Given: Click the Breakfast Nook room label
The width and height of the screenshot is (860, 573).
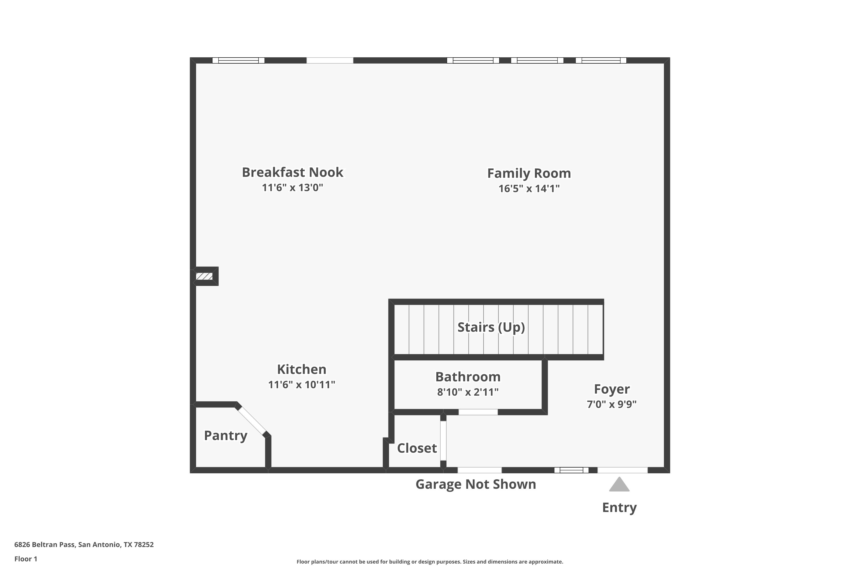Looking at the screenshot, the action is (x=292, y=172).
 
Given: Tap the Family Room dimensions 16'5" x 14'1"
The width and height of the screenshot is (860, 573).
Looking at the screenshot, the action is (x=529, y=189).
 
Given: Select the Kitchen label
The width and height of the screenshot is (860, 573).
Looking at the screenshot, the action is (x=302, y=369).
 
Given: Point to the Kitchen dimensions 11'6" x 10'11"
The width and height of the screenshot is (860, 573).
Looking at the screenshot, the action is (x=302, y=384).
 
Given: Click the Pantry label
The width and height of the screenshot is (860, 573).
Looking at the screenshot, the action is (x=226, y=435).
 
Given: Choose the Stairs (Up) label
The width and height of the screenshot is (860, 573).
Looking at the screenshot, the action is (x=491, y=327).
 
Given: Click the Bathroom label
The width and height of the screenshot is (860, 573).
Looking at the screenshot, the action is (x=468, y=376).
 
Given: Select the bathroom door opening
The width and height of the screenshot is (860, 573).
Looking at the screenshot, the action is (x=478, y=412).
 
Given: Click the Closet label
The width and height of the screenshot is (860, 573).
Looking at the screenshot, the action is (x=417, y=448).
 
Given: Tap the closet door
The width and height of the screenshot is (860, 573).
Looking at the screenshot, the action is (x=443, y=441).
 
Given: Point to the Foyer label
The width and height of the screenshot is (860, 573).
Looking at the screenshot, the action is (x=612, y=389).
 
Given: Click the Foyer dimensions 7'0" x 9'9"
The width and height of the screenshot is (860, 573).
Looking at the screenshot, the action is (x=612, y=404).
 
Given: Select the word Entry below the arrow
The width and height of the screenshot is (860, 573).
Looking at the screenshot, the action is (x=619, y=508).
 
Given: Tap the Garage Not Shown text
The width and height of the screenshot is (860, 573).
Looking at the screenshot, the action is (x=476, y=484).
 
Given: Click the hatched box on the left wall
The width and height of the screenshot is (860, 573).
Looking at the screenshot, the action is (x=204, y=276).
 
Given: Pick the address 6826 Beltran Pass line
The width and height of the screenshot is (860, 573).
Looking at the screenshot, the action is (x=84, y=545).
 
